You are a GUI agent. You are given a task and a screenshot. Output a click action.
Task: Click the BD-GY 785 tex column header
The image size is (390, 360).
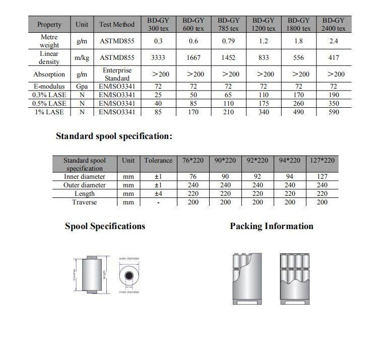coord(228,24)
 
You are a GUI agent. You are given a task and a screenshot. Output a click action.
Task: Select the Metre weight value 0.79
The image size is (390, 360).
coord(228,41)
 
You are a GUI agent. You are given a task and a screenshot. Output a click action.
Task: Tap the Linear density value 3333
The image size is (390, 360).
coord(158,58)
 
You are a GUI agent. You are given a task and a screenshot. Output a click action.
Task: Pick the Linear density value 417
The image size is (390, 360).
coord(333,58)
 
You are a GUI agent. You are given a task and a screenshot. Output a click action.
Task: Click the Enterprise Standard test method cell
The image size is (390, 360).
coord(117,74)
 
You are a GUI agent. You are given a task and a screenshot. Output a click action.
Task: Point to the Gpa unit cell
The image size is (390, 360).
coord(82,86)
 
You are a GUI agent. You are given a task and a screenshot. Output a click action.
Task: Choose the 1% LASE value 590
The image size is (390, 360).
coord(333,112)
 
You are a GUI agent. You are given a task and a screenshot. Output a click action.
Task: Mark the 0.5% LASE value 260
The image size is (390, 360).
coord(298,104)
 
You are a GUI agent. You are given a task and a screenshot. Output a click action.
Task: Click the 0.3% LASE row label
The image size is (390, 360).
coord(49,95)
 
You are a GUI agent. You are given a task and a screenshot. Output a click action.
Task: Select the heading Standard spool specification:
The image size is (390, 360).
coord(114,136)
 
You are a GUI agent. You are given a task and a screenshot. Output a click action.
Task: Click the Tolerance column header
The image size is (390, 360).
coord(158,161)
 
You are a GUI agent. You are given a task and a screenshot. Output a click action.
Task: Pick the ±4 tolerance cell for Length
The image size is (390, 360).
coord(158,194)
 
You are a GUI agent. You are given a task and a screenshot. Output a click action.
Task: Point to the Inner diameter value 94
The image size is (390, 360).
coord(290,177)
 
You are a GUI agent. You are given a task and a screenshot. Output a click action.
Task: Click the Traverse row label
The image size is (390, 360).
coord(84,202)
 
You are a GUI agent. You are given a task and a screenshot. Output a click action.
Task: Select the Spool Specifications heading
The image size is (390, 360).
coord(105,226)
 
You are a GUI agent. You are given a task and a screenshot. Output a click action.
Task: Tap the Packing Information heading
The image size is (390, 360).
coord(272,226)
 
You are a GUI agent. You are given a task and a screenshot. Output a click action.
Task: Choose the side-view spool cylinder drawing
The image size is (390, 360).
coord(92,275)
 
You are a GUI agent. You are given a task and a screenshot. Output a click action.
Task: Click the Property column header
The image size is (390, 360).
coord(49,24)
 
